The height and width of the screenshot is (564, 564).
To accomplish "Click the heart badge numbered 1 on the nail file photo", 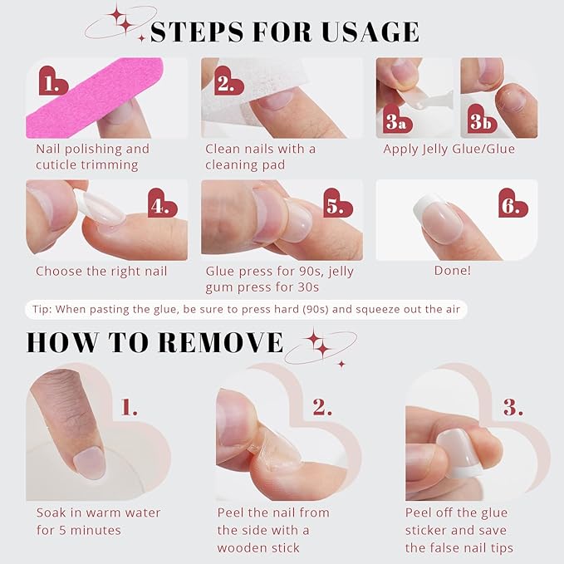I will (54, 81).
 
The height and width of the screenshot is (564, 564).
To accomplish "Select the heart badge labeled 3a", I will (394, 120).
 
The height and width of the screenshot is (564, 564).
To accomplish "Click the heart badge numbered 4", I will (162, 204).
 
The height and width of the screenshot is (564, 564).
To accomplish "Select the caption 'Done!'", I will (452, 271).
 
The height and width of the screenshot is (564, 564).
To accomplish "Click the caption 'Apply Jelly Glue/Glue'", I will (449, 150).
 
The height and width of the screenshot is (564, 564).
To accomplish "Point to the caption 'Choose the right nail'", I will (101, 271).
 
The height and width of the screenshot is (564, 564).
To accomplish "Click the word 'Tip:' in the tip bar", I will (44, 309).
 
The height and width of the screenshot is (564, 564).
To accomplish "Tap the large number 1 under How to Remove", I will (129, 407).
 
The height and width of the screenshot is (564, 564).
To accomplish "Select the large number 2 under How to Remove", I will (321, 407).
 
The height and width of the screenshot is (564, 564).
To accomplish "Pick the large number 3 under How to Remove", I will (513, 407).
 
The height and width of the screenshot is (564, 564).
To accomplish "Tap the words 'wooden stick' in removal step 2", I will (257, 547).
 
